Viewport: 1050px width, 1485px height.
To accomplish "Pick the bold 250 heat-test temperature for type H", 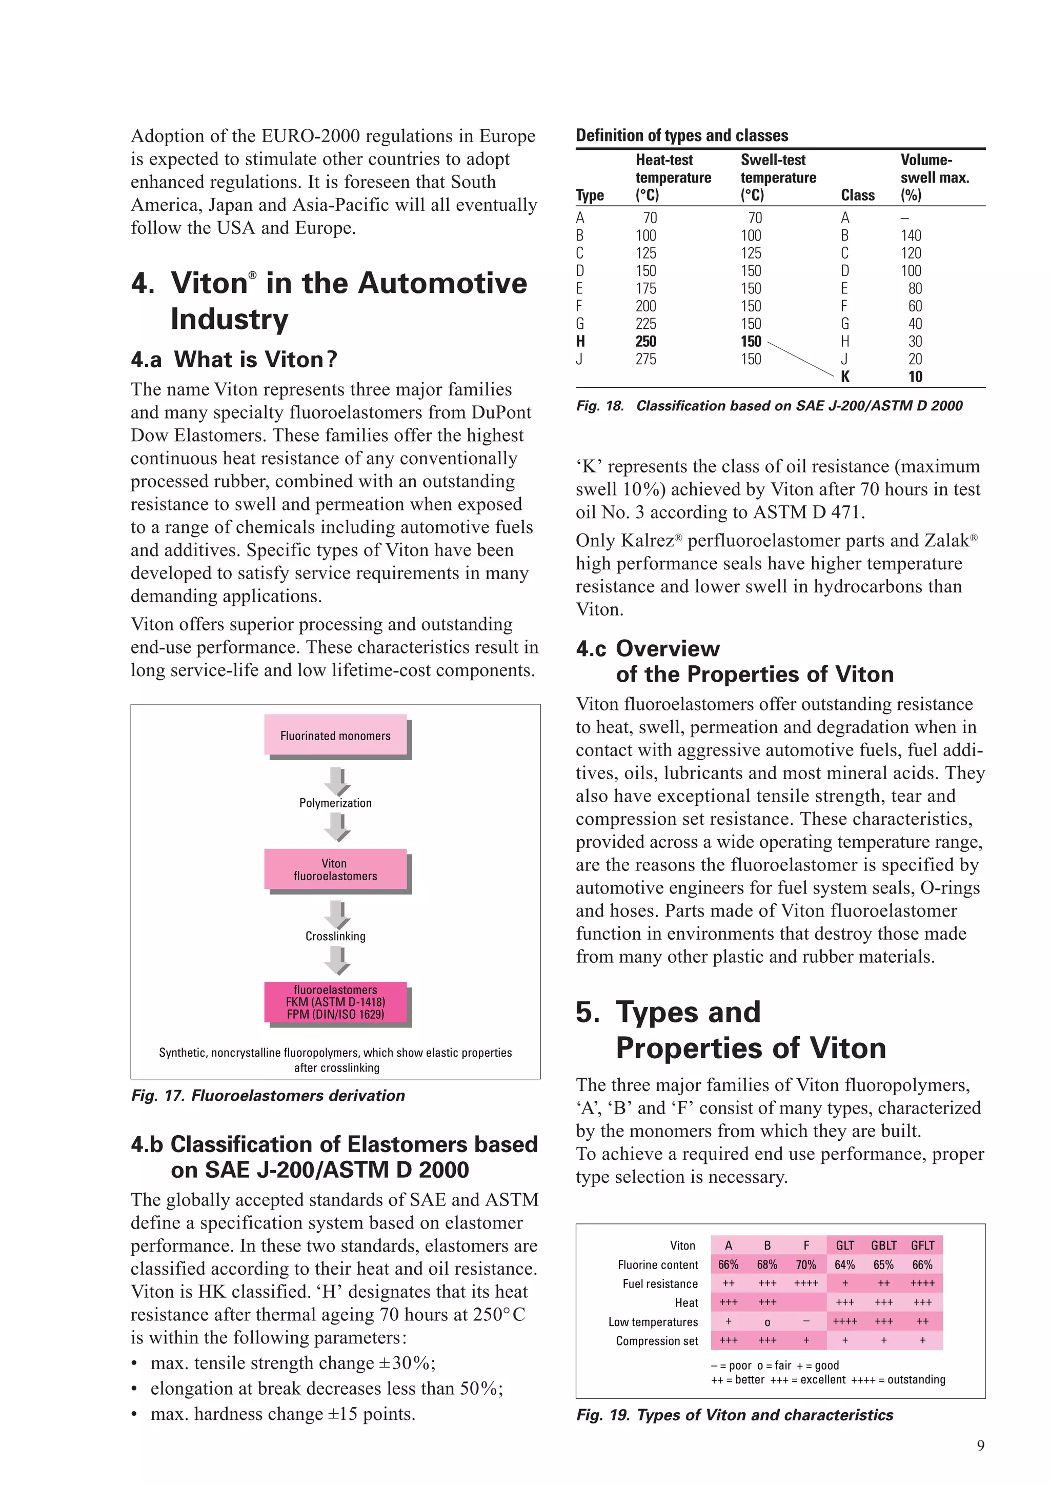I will [x=645, y=342].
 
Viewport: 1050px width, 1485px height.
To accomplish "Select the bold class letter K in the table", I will [x=845, y=377].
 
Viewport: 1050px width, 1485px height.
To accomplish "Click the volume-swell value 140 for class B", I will [x=911, y=235].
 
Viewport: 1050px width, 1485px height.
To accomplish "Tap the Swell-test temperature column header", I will [x=778, y=177].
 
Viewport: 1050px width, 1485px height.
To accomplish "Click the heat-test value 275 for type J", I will [x=645, y=359].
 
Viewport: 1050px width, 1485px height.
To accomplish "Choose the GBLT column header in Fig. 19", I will [x=883, y=1245].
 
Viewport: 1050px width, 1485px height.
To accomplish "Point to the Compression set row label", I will [x=656, y=1341].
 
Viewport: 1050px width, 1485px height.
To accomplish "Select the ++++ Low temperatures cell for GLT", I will [x=845, y=1321].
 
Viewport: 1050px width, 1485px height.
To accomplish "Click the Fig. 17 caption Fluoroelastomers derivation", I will [x=268, y=1096].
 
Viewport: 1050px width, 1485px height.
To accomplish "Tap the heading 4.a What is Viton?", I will [x=234, y=360].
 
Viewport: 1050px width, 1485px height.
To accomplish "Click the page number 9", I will [x=981, y=1446].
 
